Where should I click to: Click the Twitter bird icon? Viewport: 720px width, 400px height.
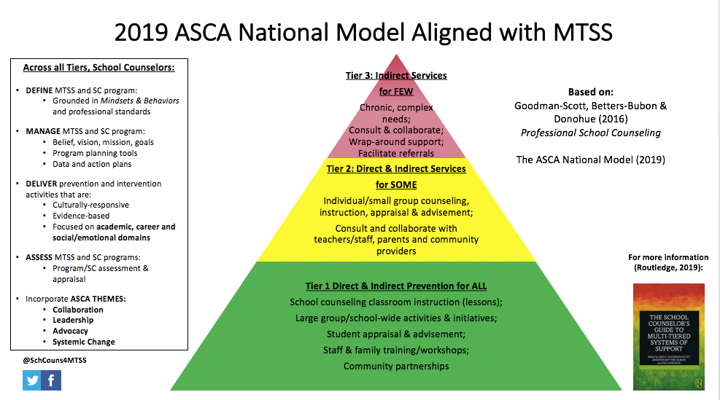[x=31, y=380]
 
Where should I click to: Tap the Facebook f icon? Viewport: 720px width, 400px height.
[x=51, y=380]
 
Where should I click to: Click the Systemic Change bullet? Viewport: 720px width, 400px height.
[x=83, y=342]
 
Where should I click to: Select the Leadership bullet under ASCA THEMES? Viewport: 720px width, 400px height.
[x=73, y=320]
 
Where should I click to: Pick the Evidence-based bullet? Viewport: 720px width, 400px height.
[x=81, y=216]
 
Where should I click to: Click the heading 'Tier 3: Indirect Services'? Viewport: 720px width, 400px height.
[x=395, y=75]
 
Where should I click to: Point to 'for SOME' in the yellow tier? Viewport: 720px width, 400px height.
[x=395, y=185]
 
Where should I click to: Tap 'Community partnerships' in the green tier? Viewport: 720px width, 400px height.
[x=395, y=366]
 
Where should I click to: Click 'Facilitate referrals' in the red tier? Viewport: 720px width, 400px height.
[x=395, y=153]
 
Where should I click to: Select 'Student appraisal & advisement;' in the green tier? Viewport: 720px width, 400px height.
[x=395, y=334]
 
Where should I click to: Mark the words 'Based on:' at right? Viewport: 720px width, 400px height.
[x=591, y=93]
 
